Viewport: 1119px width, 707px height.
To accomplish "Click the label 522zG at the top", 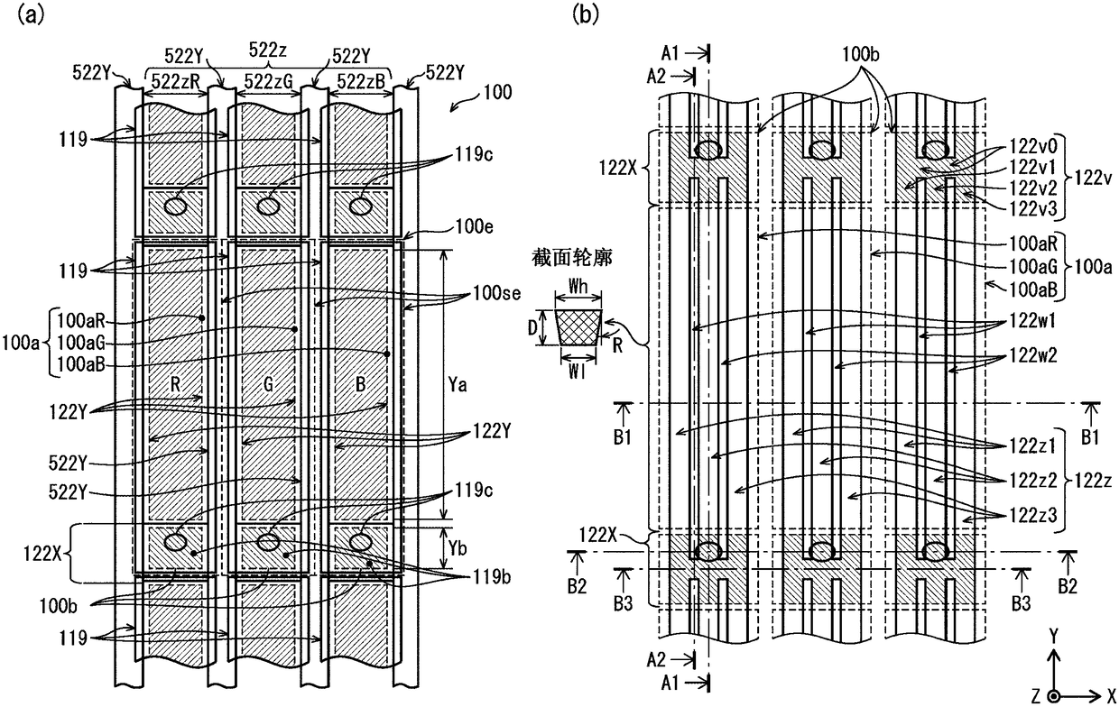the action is (268, 81).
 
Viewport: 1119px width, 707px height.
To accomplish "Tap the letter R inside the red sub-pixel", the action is (175, 384).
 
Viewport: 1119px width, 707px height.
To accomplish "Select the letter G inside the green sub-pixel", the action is (268, 384).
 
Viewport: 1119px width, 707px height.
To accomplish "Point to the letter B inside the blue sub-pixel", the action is (360, 384).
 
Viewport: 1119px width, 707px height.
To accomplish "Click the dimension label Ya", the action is (458, 384).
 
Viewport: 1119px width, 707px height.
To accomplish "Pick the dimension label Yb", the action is (458, 548).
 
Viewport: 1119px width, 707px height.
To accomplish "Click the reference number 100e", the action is (474, 227).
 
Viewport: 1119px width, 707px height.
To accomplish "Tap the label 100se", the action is (496, 293).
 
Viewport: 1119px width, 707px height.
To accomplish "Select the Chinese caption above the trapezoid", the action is (572, 258).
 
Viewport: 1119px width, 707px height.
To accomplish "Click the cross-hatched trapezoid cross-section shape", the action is (578, 327).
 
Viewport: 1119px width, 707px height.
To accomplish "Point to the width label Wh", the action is (578, 287).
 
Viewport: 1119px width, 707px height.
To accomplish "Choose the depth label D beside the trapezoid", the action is (533, 327).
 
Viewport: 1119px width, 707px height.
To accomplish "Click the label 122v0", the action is (1033, 146).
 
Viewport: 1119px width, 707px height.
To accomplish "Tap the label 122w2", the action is (1033, 355).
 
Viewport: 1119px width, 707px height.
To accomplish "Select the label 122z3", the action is (1033, 515).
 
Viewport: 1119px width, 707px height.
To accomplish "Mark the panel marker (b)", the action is (585, 14).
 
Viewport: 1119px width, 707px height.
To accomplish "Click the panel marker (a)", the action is (31, 14).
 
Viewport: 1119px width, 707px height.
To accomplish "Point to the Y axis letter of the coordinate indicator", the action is (1053, 636).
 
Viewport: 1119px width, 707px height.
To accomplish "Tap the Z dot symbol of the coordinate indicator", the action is (1053, 696).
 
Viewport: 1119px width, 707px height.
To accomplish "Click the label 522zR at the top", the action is (175, 81).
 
